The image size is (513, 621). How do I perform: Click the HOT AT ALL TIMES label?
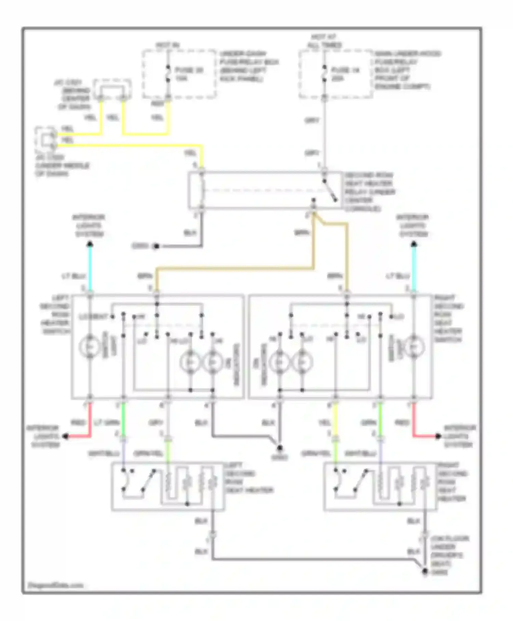324,41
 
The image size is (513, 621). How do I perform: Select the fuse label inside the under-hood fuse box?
345,74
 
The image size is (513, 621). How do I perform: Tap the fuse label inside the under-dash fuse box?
189,74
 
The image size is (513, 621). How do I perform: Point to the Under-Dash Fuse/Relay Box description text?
249,66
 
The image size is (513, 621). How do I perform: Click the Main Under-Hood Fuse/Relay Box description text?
407,70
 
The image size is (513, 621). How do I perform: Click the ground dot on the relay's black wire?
156,246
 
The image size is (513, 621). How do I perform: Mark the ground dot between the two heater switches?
280,448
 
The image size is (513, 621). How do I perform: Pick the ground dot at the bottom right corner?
424,571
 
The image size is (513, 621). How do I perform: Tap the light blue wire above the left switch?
90,267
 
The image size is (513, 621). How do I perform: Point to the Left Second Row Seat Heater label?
248,478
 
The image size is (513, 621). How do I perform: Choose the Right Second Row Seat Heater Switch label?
448,318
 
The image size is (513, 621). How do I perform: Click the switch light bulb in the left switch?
90,347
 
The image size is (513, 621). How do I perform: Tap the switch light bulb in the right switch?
414,347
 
